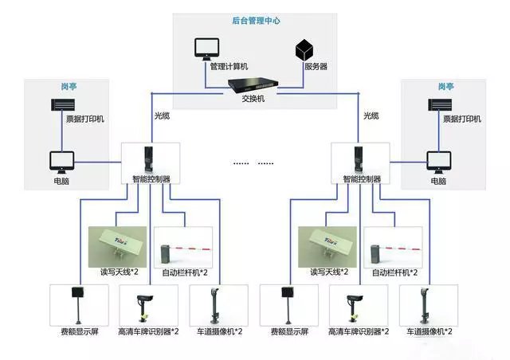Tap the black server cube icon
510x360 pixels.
(x=305, y=49)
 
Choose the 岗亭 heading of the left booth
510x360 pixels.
(x=68, y=86)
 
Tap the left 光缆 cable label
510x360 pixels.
(x=162, y=115)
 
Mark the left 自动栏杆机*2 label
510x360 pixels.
(x=185, y=272)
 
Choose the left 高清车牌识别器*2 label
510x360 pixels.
(x=148, y=331)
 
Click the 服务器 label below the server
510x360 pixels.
(x=316, y=66)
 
